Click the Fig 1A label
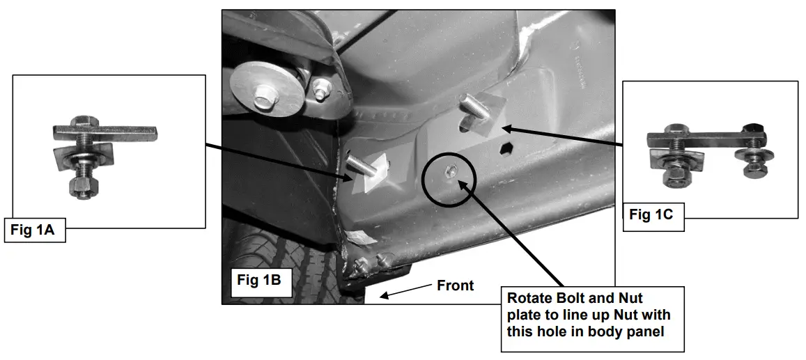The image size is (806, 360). [x=34, y=230]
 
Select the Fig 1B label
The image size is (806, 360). [x=258, y=280]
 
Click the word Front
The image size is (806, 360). [x=455, y=285]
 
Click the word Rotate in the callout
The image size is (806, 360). [x=528, y=299]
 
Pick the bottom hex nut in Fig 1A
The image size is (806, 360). [x=83, y=186]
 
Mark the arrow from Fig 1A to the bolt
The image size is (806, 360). [x=279, y=159]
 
